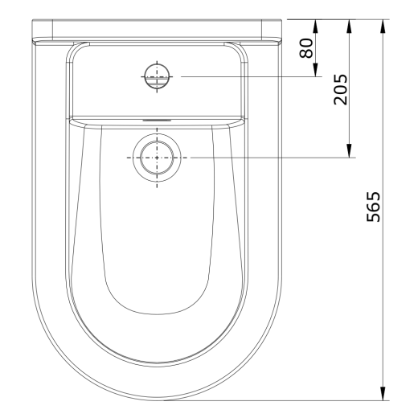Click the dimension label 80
pos(306,48)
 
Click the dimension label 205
pos(340,89)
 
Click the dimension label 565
pos(373,207)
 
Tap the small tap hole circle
pos(157,76)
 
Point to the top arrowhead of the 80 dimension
pos(315,27)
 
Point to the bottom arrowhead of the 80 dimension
pos(315,70)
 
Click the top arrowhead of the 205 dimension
pos(349,27)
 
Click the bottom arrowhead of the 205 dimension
pos(349,150)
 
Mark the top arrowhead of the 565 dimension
pos(383,27)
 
